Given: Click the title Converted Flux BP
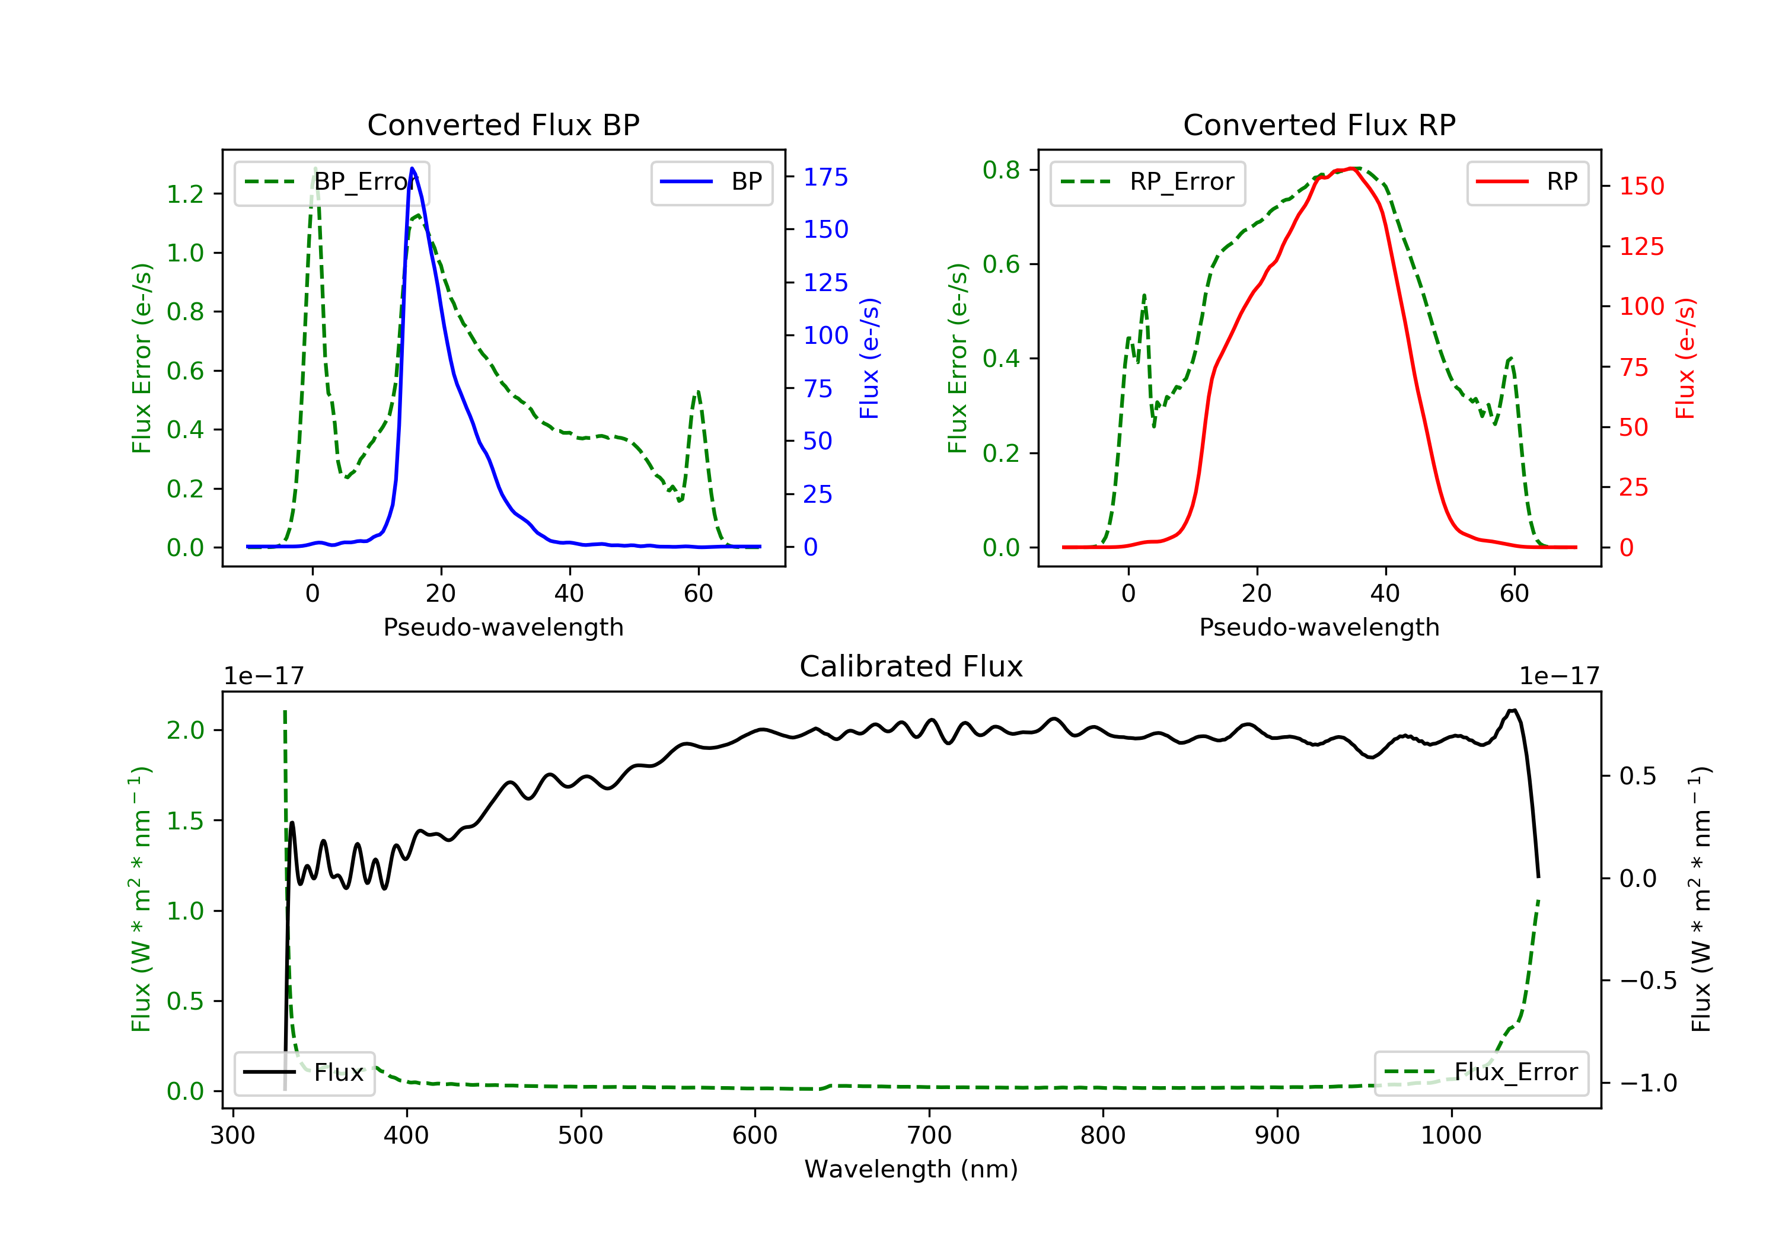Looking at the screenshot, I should [x=503, y=124].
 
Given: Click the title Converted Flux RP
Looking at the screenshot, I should [x=1319, y=124].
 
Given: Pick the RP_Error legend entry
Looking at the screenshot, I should [x=1147, y=183].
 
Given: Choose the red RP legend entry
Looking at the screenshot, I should [x=1527, y=182].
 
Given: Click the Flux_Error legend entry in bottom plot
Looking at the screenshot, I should [x=1481, y=1072].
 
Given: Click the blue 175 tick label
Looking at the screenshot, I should [x=825, y=177].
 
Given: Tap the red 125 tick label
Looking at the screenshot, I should [x=1641, y=247].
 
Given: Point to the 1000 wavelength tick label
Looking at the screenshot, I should [x=1450, y=1136].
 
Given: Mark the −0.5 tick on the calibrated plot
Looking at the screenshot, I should [x=1647, y=981].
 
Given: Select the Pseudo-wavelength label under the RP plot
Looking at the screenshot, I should [x=1319, y=627].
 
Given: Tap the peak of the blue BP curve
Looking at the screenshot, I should [x=412, y=168].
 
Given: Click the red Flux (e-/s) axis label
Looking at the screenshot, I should [x=1685, y=358].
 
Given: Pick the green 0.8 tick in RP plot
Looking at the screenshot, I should [x=1001, y=170].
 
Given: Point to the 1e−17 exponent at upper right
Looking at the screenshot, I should [x=1559, y=676].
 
